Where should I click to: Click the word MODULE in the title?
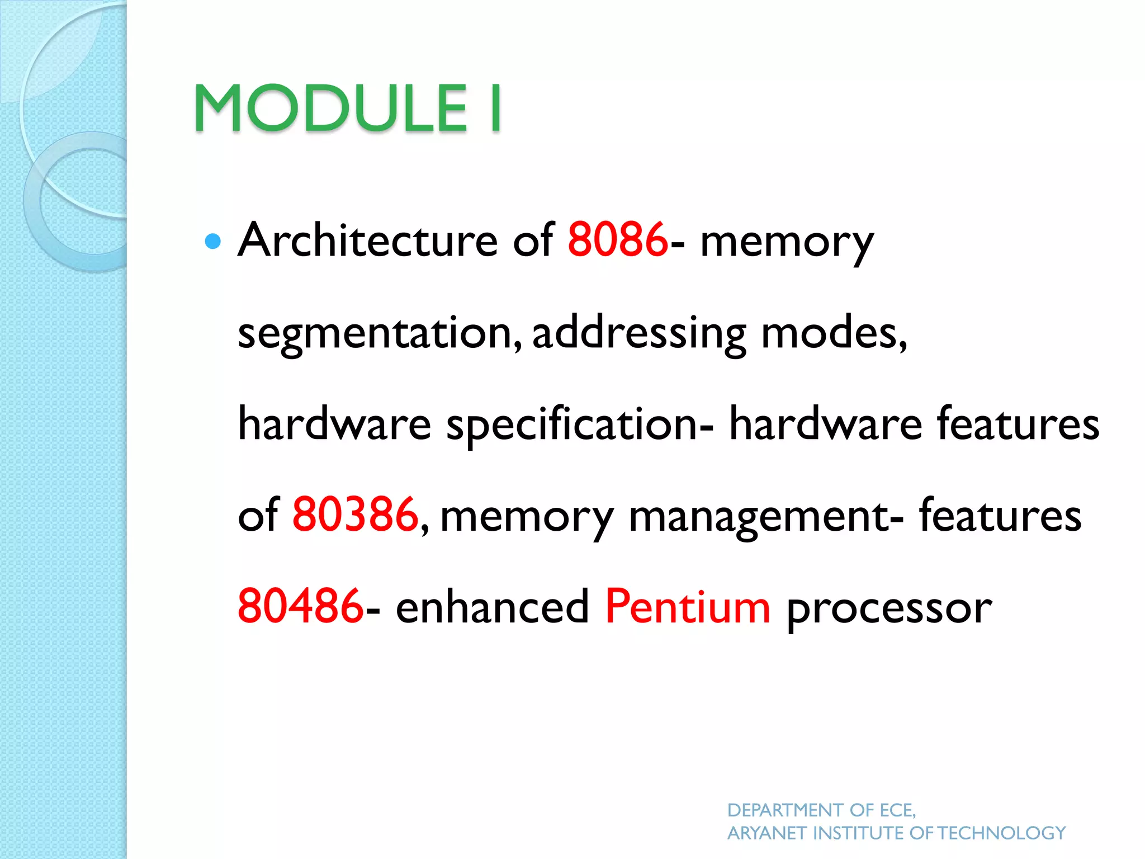click(x=330, y=108)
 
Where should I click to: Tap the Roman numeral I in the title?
click(x=495, y=108)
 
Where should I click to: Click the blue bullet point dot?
click(x=213, y=242)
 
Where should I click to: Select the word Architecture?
click(x=367, y=240)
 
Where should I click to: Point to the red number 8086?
click(x=617, y=240)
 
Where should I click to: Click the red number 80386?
click(x=355, y=515)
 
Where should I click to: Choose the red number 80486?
click(x=301, y=606)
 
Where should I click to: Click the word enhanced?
click(x=493, y=606)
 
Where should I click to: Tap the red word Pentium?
click(x=688, y=606)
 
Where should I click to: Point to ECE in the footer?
click(x=897, y=810)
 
